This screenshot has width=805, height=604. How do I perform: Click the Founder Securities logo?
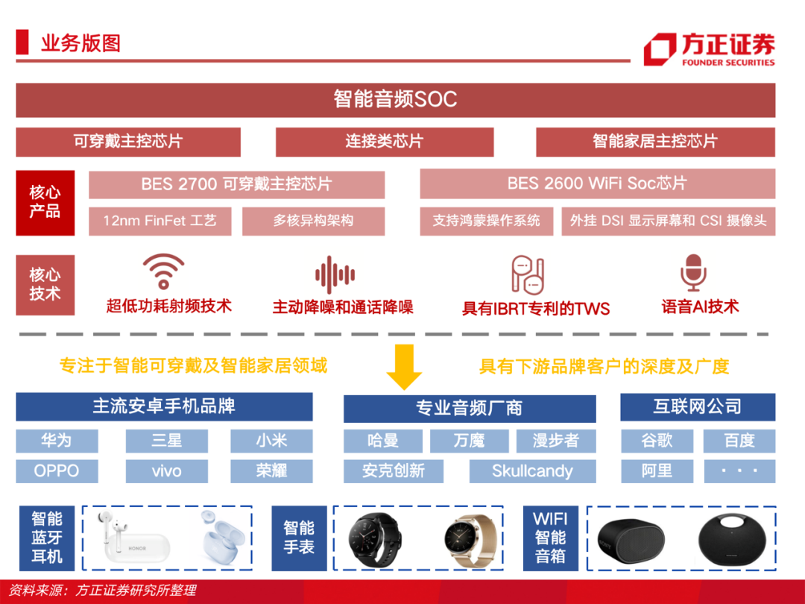point(708,49)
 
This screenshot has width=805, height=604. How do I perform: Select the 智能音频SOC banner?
point(395,100)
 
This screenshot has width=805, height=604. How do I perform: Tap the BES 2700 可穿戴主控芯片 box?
point(236,184)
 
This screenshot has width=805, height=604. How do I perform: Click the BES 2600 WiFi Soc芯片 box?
point(597,184)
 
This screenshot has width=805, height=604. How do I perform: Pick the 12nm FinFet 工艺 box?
point(160,221)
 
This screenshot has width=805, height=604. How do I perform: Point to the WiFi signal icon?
point(164,272)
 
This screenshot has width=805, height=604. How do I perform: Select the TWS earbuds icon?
point(528,274)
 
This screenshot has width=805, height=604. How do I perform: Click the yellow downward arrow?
point(404,367)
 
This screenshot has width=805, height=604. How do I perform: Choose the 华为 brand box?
point(57,441)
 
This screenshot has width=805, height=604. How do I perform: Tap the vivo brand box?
point(166,471)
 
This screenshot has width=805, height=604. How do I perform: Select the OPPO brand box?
point(57,471)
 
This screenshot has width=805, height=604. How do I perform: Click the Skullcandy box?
point(532,471)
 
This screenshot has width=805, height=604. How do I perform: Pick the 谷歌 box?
point(657,441)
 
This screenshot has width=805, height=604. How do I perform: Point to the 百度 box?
point(739,441)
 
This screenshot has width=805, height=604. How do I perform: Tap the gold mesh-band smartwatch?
point(468,538)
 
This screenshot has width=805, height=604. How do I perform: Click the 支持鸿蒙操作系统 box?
point(486,221)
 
